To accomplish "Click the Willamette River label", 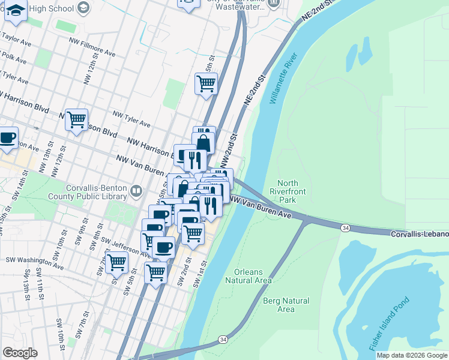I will pos(284,79).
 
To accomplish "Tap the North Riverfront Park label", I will pos(288,191).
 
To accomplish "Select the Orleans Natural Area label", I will pos(249,276).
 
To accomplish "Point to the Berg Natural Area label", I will pos(286,305).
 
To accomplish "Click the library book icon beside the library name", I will pos(137,191).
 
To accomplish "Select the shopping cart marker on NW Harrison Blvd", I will pos(76,121).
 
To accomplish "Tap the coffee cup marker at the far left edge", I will pos(7,138).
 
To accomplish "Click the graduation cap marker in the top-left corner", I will pos(15,11).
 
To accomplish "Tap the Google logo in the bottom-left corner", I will pos(20,353).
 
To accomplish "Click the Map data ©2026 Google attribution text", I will pos(412,355).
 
